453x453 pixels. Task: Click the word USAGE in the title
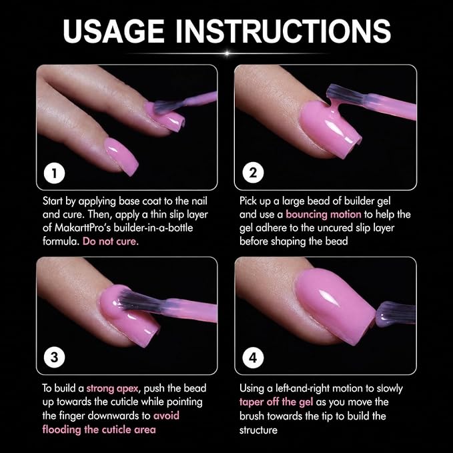coord(114,31)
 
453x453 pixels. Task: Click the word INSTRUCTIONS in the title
coord(283,31)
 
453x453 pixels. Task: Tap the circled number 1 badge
coord(54,173)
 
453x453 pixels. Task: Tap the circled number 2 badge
coord(253,173)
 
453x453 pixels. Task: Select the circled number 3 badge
coord(54,358)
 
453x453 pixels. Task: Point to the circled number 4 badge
coord(253,358)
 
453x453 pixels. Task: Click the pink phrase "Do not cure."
coord(111,242)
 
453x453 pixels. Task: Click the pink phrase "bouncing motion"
coord(324,214)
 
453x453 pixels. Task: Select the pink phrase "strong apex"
coord(112,388)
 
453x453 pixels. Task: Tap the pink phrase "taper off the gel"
coord(276,402)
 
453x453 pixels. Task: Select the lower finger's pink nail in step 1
coord(121,156)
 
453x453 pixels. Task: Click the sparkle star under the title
coord(227,53)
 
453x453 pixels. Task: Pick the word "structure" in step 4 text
coord(258,430)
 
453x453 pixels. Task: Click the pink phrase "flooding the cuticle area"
coord(99,430)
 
